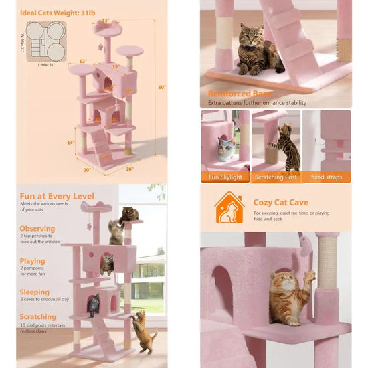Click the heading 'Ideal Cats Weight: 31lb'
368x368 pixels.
(x=57, y=13)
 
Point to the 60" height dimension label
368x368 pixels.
(x=161, y=87)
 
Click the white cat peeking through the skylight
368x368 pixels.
(x=226, y=148)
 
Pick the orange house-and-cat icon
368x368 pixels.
(x=229, y=207)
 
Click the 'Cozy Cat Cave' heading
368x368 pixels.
(x=281, y=202)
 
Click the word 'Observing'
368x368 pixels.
(x=38, y=229)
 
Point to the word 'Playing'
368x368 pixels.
(x=33, y=261)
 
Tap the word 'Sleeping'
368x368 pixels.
(x=35, y=292)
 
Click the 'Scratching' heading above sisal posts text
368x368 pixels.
(x=38, y=317)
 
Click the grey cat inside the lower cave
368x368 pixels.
(x=94, y=305)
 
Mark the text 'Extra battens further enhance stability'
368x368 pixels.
(x=258, y=103)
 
